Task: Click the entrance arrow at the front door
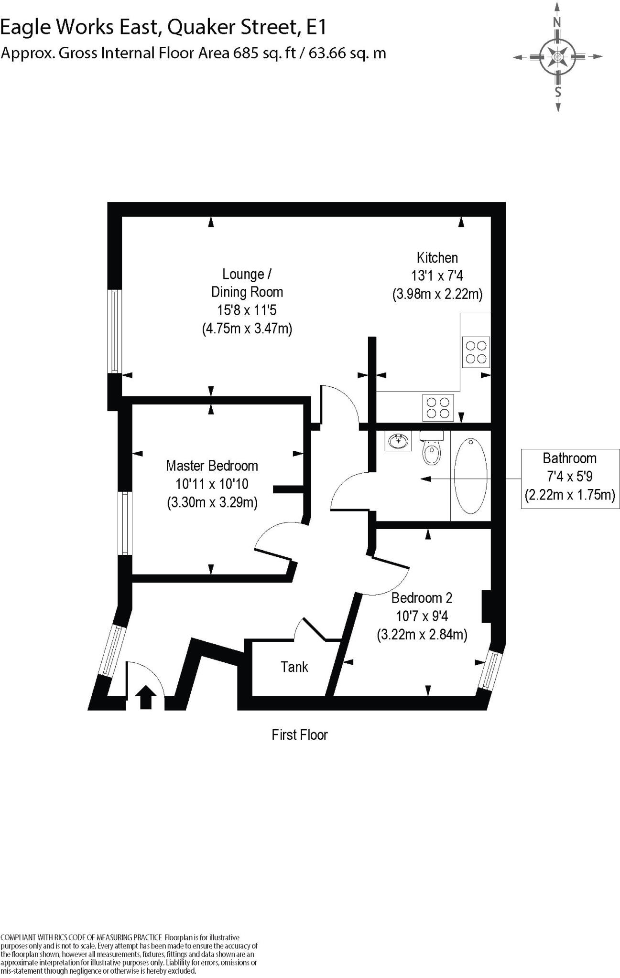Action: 145,697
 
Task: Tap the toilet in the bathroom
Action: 432,450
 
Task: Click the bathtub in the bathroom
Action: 471,476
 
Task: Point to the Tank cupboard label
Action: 294,667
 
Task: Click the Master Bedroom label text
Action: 212,466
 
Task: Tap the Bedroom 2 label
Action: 422,597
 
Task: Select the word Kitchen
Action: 437,258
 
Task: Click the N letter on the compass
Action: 557,22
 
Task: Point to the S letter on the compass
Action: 557,91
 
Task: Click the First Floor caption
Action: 299,734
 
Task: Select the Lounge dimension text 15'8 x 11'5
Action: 247,310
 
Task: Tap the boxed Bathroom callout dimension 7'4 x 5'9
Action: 569,477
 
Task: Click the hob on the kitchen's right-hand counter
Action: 476,352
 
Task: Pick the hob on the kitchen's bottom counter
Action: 438,407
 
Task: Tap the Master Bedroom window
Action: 125,523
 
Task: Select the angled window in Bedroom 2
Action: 491,670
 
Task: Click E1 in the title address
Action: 316,28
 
